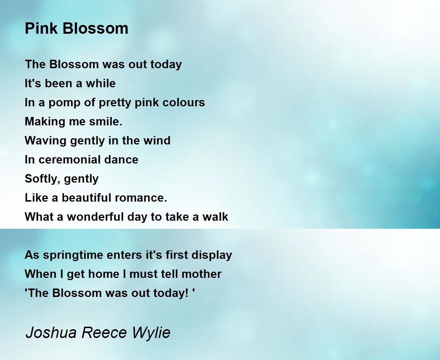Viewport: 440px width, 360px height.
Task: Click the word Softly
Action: pos(38,179)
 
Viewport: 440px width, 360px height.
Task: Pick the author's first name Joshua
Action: pos(51,333)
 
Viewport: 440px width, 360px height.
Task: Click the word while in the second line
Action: pos(101,83)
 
